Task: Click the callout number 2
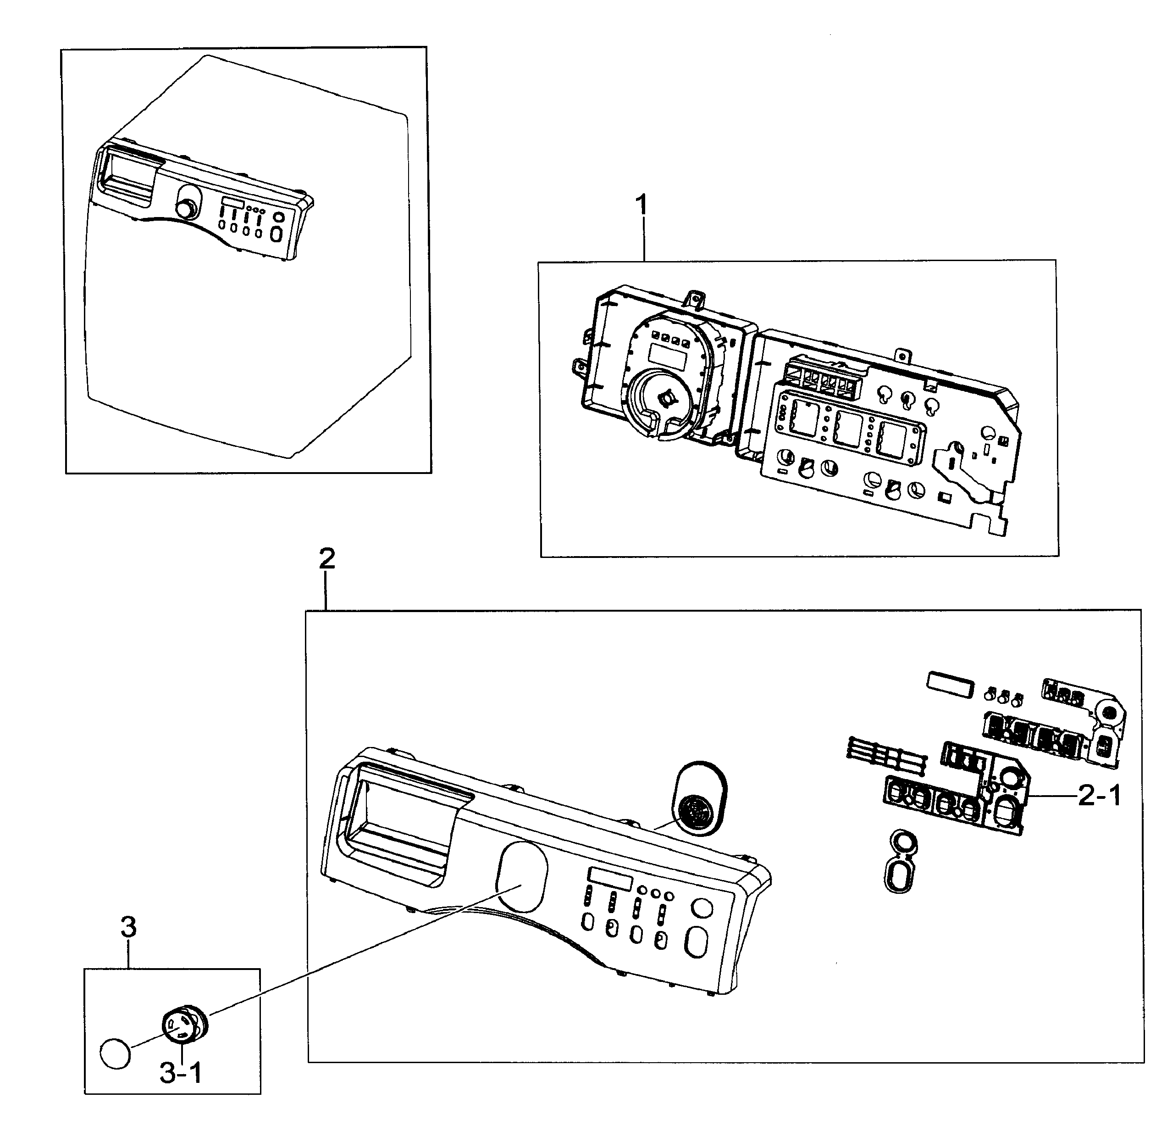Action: pyautogui.click(x=327, y=559)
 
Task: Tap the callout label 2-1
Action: pyautogui.click(x=1099, y=796)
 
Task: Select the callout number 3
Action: pyautogui.click(x=128, y=927)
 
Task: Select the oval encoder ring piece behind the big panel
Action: pyautogui.click(x=699, y=798)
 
